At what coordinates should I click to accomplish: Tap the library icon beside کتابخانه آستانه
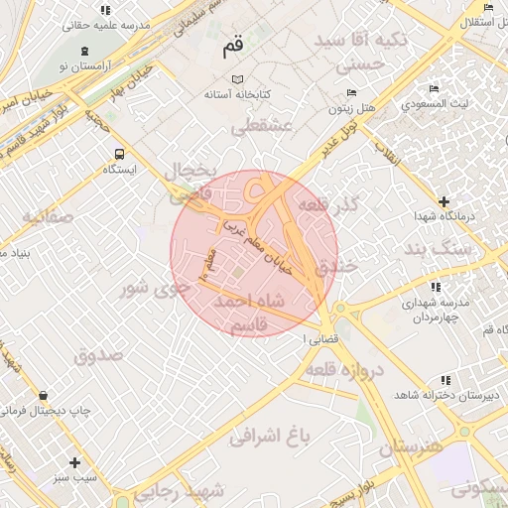coord(236,79)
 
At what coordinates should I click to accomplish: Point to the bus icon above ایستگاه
coord(119,154)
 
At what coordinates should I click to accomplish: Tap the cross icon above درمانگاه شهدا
coord(444,201)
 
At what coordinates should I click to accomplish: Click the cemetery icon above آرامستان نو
coord(83,49)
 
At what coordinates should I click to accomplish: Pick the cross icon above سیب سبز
coord(74,462)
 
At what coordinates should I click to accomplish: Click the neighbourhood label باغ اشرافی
coord(271,435)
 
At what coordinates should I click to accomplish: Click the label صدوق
coord(98,354)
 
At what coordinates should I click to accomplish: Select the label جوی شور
coord(149,289)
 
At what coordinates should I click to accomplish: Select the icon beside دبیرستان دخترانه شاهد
coord(446,380)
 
